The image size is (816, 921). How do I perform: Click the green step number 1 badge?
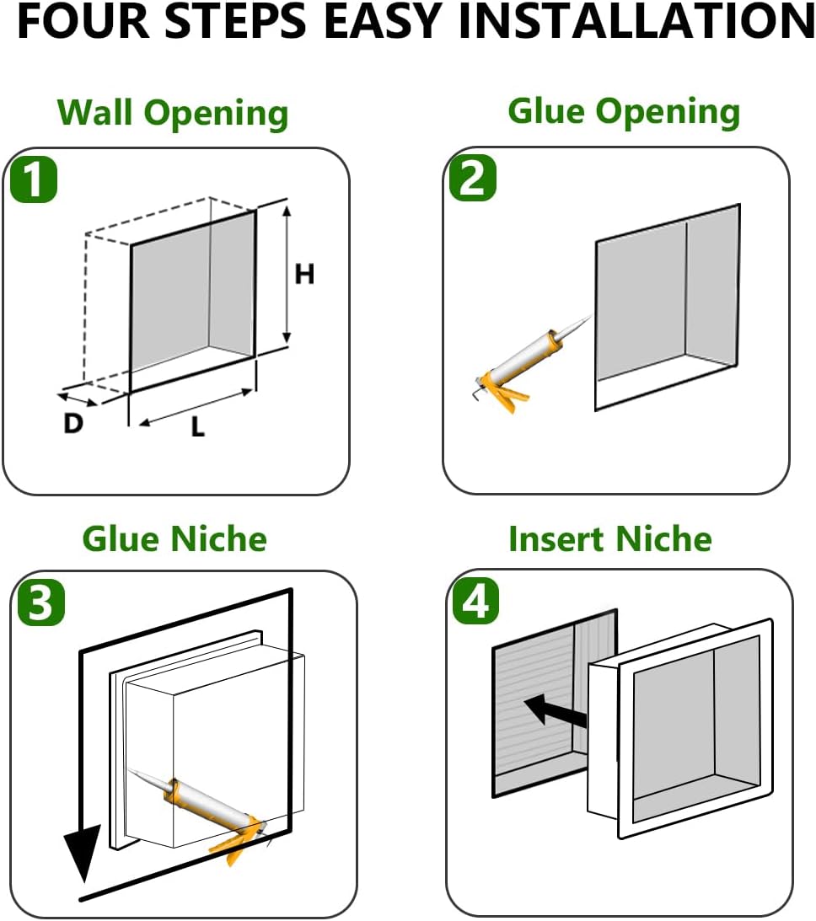(34, 181)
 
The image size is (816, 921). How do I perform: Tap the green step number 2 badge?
(472, 179)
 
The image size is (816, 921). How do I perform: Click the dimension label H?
(304, 274)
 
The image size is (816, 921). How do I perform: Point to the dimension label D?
(73, 424)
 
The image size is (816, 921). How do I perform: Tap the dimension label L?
(197, 427)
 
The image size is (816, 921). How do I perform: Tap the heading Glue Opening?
(624, 111)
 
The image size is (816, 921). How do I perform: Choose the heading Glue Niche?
(174, 539)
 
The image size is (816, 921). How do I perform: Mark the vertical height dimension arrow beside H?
(287, 274)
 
